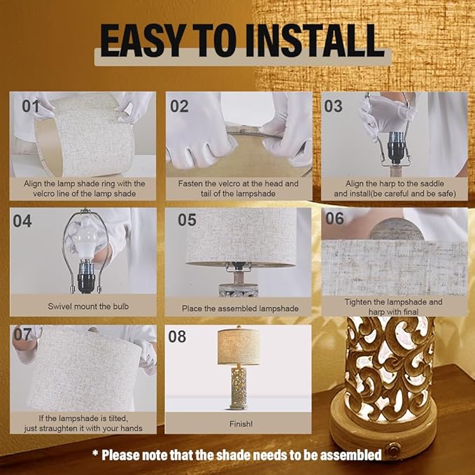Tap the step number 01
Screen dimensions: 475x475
click(x=31, y=106)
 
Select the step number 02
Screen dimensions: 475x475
click(x=180, y=106)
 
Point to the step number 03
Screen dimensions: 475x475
click(x=334, y=106)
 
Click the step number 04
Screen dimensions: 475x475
click(x=23, y=221)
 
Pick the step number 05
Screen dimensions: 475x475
click(x=186, y=220)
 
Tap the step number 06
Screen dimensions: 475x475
click(x=334, y=218)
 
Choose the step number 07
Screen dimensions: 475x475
click(x=23, y=334)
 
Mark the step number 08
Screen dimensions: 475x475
click(x=177, y=336)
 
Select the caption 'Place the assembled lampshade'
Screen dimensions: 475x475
click(x=240, y=309)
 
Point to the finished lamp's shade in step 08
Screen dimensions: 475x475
click(x=239, y=346)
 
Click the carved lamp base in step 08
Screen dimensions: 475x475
click(x=239, y=388)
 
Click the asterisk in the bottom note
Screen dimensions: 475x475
click(x=95, y=455)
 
